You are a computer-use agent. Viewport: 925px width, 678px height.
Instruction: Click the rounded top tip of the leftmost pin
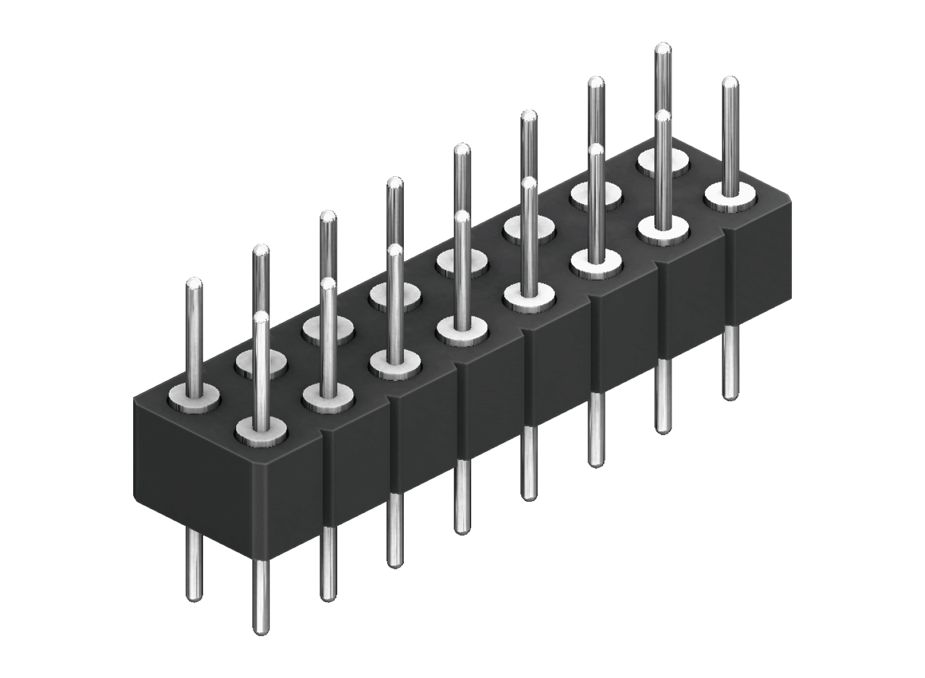point(195,284)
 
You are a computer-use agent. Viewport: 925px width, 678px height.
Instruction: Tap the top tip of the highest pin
point(663,47)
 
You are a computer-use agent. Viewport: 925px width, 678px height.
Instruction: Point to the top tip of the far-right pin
point(730,81)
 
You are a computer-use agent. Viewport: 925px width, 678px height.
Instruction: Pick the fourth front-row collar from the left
point(461,333)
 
